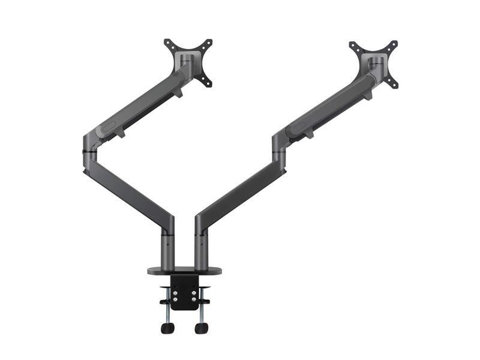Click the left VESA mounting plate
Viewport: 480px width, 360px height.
click(188, 62)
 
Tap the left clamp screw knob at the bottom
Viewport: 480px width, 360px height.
click(168, 328)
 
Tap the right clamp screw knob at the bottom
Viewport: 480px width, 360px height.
click(201, 328)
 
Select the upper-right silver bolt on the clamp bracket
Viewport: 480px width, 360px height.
click(194, 285)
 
